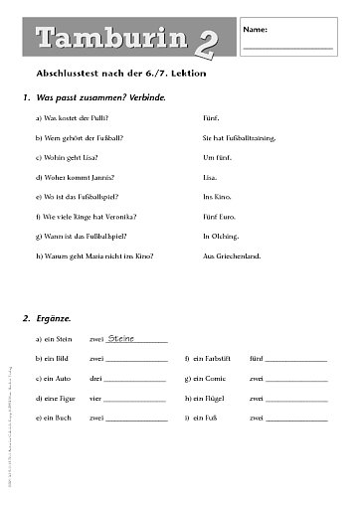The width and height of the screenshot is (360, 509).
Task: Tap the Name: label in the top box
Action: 255,30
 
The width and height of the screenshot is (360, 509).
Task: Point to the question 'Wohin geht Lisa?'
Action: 67,156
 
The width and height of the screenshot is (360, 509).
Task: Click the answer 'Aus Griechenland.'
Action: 231,256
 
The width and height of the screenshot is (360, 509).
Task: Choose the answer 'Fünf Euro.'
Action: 222,217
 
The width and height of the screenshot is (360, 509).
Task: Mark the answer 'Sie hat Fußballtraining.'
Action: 239,136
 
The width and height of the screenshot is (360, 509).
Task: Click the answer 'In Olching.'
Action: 221,237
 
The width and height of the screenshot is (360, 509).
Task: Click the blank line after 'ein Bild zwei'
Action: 135,360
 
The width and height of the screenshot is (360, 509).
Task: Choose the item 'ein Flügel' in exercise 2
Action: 209,398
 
